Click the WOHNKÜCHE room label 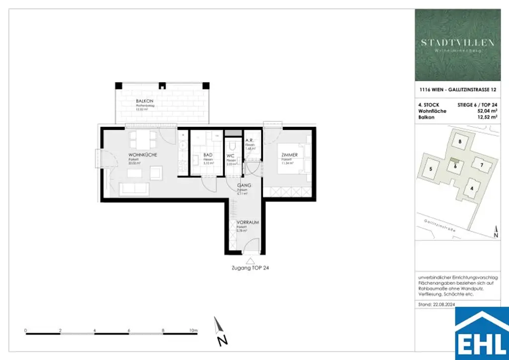pyautogui.click(x=143, y=155)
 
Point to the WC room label pyautogui.click(x=231, y=155)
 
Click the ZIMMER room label pyautogui.click(x=288, y=155)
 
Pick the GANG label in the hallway pyautogui.click(x=244, y=185)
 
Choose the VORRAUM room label pyautogui.click(x=249, y=223)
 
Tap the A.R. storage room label pyautogui.click(x=250, y=141)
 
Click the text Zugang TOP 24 pyautogui.click(x=251, y=268)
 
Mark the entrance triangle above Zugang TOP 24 pyautogui.click(x=251, y=260)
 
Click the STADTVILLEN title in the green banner pyautogui.click(x=458, y=43)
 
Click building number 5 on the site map pyautogui.click(x=431, y=169)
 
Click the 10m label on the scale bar pyautogui.click(x=193, y=330)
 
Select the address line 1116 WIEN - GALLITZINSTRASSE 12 pyautogui.click(x=458, y=90)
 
